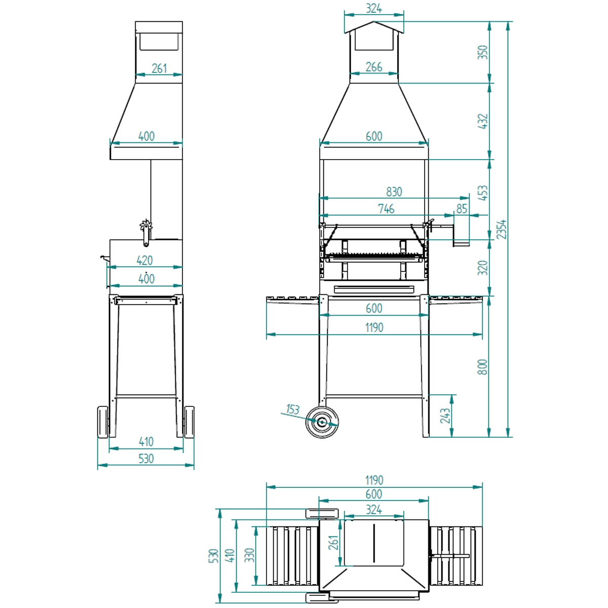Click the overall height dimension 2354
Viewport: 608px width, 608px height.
[502, 230]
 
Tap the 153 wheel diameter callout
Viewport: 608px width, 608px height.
[292, 409]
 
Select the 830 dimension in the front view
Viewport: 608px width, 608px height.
[394, 192]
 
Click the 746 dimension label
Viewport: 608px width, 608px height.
[386, 208]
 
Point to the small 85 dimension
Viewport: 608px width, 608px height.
[462, 208]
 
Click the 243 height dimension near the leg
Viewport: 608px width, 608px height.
[445, 415]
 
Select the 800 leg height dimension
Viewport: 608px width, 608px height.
[482, 366]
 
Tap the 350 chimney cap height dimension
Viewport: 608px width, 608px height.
[482, 52]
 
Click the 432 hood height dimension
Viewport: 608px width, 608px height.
[482, 121]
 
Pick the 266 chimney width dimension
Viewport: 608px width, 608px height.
[373, 67]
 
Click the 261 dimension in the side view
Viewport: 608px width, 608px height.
[159, 68]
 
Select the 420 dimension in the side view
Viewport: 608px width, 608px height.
[145, 260]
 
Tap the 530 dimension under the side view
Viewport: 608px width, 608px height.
[146, 459]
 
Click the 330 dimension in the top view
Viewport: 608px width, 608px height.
[249, 555]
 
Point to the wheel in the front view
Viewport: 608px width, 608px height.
[322, 421]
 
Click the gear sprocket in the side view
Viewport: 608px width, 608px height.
[146, 225]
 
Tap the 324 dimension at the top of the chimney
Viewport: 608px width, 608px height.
[373, 9]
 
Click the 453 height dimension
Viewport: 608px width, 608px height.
[482, 193]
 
